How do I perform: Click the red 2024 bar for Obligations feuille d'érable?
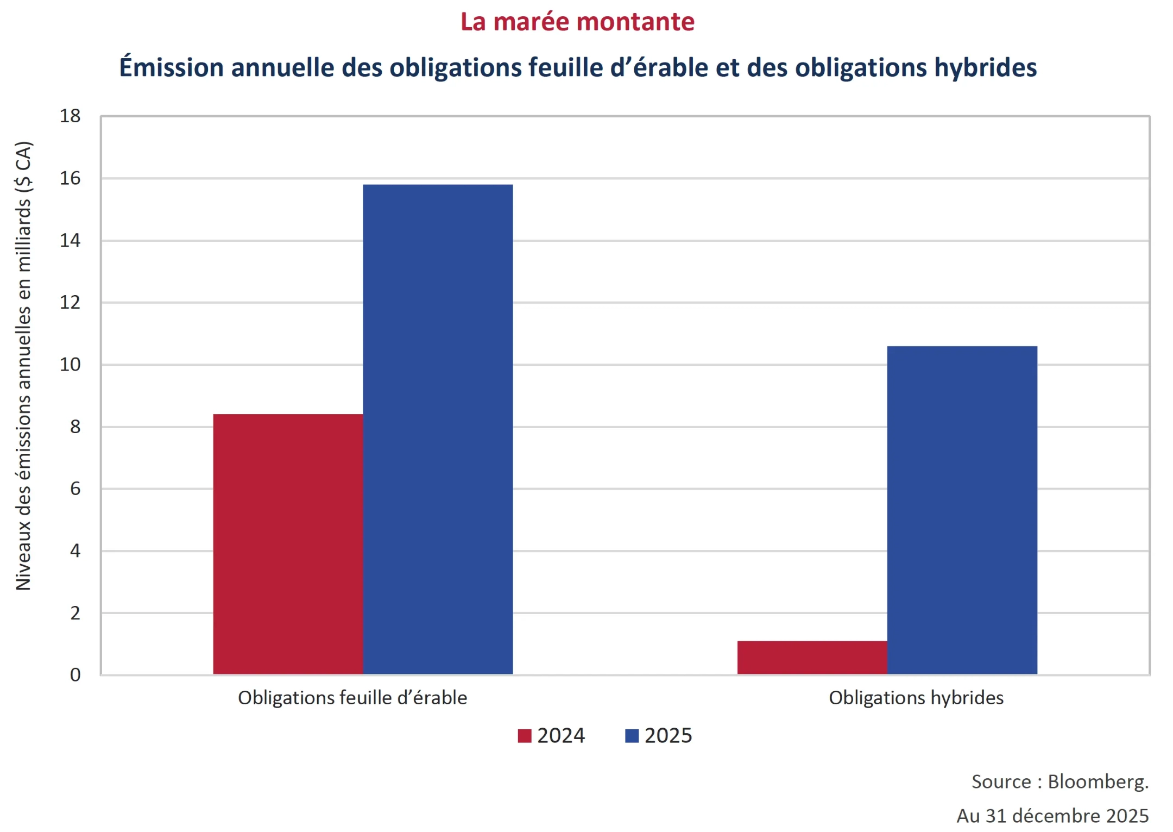(x=288, y=543)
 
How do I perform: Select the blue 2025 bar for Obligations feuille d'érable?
(x=438, y=429)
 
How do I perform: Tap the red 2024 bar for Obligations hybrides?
(x=812, y=658)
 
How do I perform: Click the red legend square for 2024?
(x=524, y=736)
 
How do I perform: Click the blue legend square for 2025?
(x=632, y=736)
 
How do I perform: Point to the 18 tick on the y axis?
(x=70, y=116)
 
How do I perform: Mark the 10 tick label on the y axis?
(x=70, y=365)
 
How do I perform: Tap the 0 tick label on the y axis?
(x=75, y=675)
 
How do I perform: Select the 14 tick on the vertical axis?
(x=70, y=240)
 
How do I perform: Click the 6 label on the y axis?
(x=75, y=489)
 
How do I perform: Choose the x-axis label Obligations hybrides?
(x=916, y=698)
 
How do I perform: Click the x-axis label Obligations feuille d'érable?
(x=352, y=698)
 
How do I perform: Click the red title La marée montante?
(x=577, y=22)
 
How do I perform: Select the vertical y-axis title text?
(x=23, y=366)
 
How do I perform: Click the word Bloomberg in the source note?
(x=1097, y=781)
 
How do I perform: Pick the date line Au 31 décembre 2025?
(x=1052, y=816)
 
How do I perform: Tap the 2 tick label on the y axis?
(x=75, y=613)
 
